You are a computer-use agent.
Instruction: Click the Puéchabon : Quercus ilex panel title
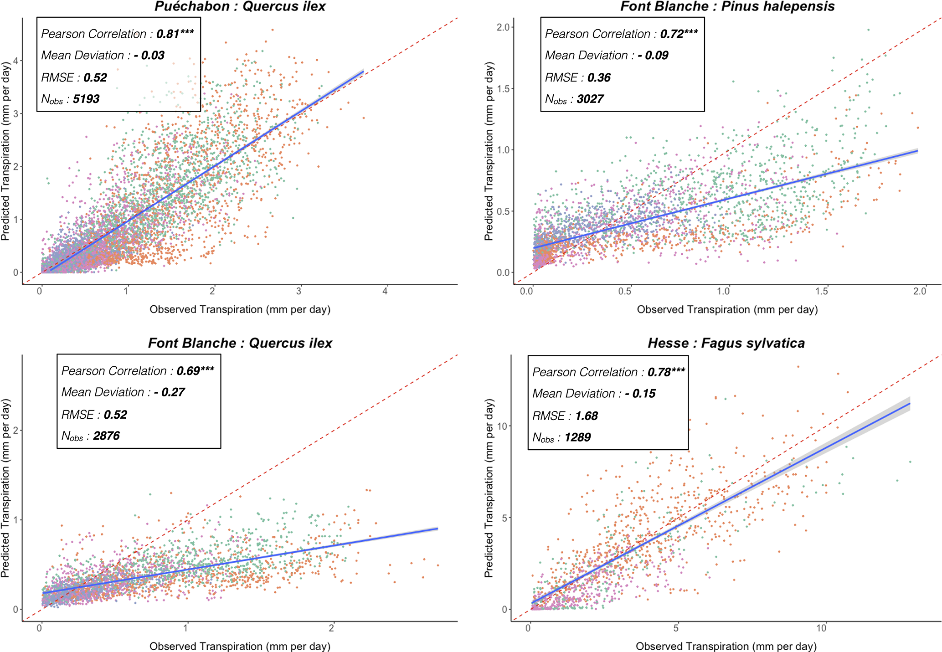[240, 6]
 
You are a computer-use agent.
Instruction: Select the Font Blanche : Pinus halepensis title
[727, 6]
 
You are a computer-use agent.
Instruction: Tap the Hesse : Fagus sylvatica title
[726, 343]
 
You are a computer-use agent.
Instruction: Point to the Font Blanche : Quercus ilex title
[240, 343]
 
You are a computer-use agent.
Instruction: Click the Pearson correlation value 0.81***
[175, 34]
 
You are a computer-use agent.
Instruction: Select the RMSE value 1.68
[586, 416]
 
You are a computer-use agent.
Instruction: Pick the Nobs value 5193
[86, 99]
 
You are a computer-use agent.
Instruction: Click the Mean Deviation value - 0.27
[169, 392]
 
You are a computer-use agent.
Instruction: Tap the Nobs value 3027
[590, 99]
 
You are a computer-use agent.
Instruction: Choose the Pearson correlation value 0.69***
[195, 371]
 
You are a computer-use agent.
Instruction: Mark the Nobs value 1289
[577, 437]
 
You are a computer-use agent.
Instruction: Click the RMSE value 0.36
[599, 77]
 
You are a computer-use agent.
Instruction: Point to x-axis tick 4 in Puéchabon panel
[385, 291]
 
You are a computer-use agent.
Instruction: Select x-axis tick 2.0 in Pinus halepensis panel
[920, 291]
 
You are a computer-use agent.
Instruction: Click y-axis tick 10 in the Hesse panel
[502, 426]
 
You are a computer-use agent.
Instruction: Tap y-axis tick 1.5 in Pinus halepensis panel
[503, 88]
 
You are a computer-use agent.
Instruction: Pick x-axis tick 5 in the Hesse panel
[676, 628]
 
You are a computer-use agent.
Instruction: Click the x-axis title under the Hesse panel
[726, 646]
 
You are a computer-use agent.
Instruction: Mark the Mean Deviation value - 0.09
[653, 56]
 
